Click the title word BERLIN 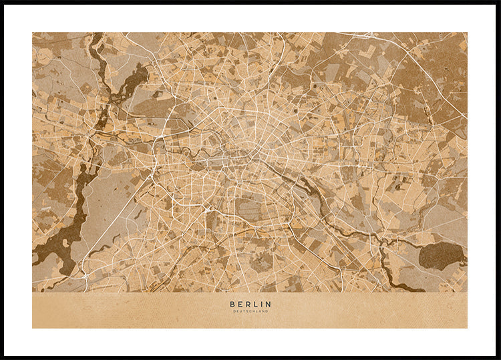point(251,305)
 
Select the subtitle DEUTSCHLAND point(251,311)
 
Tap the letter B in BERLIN point(232,305)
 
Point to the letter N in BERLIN point(269,305)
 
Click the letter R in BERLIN point(247,305)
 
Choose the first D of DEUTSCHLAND point(234,311)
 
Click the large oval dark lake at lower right point(441,256)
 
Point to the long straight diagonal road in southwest point(114,227)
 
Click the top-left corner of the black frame point(2,2)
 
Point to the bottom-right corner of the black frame point(498,357)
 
